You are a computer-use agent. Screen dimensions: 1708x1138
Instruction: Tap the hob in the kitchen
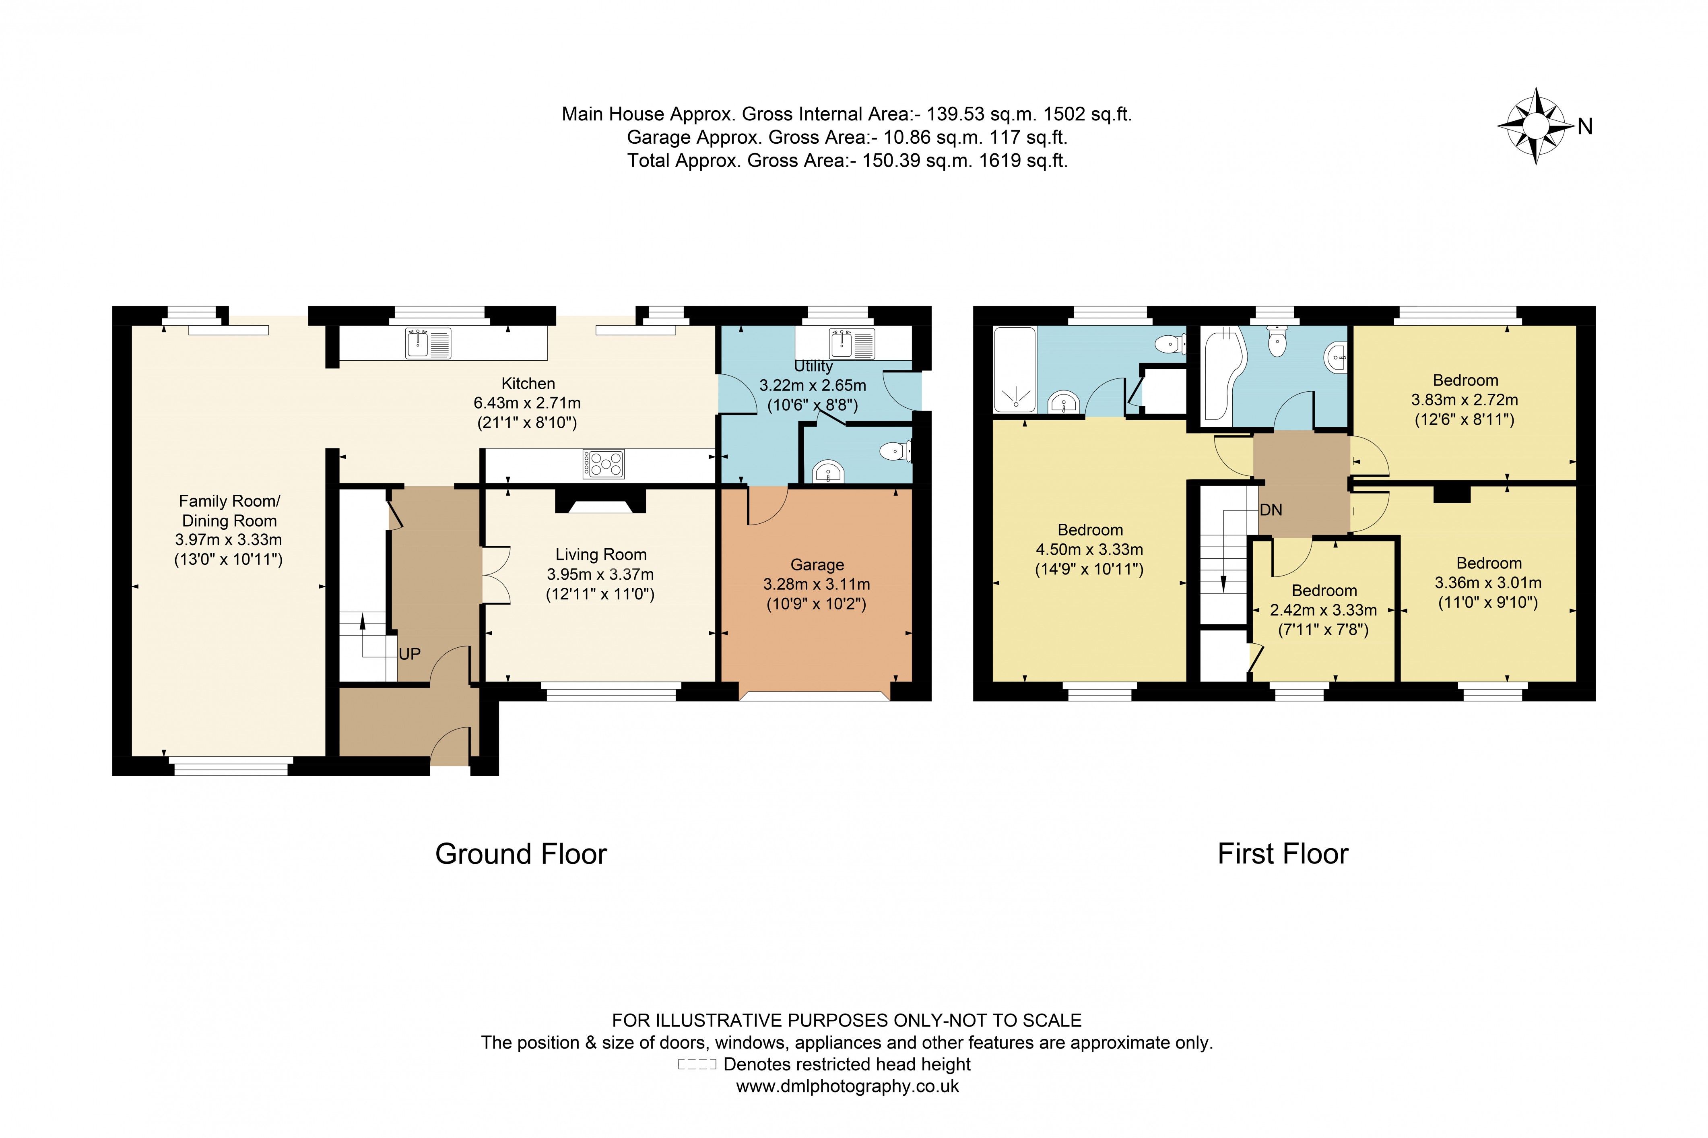603,464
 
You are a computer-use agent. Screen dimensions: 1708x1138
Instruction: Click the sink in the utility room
852,343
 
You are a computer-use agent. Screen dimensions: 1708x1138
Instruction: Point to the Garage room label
817,565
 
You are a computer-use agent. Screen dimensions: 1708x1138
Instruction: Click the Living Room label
601,554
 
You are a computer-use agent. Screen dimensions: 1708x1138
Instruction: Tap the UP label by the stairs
409,654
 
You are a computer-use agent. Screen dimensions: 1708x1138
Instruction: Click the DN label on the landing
1271,510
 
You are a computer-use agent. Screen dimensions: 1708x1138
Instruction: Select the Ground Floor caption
521,854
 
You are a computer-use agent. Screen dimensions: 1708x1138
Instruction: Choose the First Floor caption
1283,854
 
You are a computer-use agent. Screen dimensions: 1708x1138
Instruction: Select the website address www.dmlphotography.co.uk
848,1086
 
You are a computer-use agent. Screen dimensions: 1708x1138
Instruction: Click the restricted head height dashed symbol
697,1065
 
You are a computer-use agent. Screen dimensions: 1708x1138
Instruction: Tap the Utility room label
813,366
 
